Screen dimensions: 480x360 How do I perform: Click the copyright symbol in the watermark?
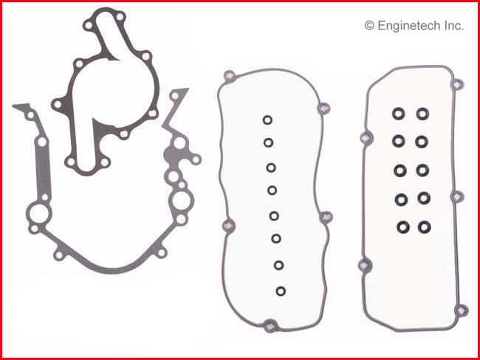coord(369,26)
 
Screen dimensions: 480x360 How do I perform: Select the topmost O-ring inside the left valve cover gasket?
coord(267,120)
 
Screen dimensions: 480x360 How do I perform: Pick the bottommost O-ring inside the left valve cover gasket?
coord(281,291)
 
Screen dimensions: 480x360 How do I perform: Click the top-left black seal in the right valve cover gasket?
coord(398,114)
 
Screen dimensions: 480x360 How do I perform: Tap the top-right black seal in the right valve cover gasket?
coord(422,114)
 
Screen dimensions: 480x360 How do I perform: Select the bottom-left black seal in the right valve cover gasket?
coord(403,227)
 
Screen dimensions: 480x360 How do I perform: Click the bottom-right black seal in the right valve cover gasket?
coord(425,227)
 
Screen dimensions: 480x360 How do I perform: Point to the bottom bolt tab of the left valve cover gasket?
coord(270,325)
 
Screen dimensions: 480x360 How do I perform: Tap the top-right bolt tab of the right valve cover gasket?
coord(459,83)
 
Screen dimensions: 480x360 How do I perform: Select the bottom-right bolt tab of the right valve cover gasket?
coord(462,311)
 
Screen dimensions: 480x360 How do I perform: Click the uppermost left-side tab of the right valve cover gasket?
coord(366,138)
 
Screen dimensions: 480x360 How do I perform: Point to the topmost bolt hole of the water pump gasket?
coord(120,16)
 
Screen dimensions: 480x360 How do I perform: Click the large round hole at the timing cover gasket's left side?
coord(39,213)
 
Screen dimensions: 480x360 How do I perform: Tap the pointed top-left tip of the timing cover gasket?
coord(13,106)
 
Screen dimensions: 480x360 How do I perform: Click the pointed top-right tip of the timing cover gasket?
coord(188,89)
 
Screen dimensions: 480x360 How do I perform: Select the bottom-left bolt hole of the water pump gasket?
coord(70,162)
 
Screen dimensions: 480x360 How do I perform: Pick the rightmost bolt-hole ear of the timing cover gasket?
coord(196,159)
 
